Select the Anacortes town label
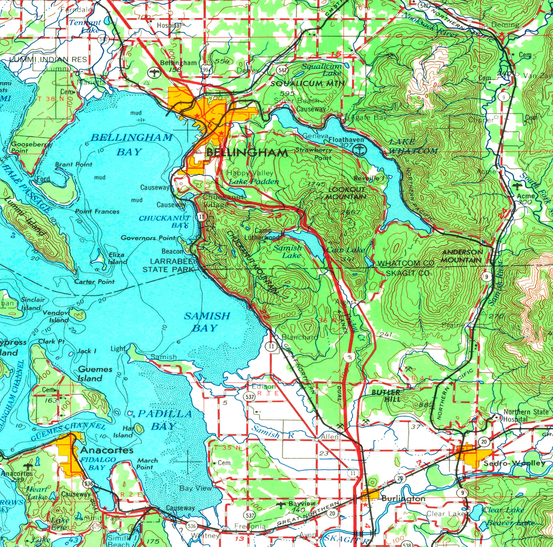pos(107,450)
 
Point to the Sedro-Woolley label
pos(514,463)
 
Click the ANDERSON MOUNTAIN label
pos(462,256)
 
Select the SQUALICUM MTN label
pos(307,84)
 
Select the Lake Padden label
pos(254,182)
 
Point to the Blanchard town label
pos(300,337)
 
